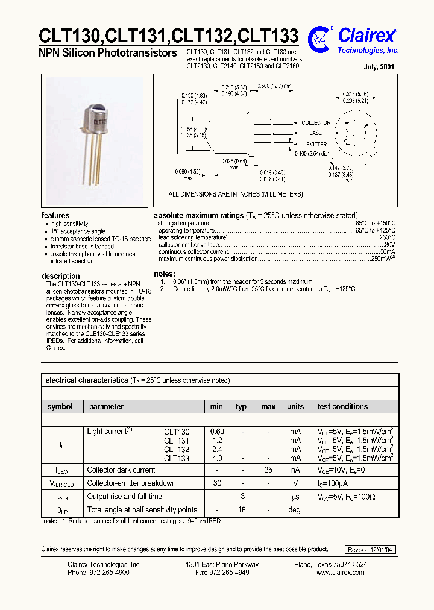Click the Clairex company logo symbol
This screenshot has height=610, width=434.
[x=318, y=39]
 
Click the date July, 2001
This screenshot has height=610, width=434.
[x=380, y=67]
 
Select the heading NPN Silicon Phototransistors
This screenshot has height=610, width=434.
[x=108, y=53]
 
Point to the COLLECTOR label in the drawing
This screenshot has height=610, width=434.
[x=316, y=122]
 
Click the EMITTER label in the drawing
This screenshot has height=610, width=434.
[x=316, y=145]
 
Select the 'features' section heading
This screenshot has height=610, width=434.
[x=55, y=215]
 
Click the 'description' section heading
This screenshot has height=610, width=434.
[x=60, y=276]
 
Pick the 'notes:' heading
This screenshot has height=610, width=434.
[x=165, y=274]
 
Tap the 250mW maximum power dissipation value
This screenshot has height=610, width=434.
[x=382, y=259]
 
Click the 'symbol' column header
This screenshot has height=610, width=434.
[x=60, y=407]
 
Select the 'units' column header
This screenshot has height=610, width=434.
[x=295, y=407]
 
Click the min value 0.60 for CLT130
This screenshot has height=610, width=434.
[x=217, y=432]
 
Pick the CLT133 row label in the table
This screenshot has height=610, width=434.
[x=177, y=459]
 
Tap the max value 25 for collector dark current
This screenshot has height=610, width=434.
[x=268, y=470]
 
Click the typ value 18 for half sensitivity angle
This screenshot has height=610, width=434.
[x=241, y=510]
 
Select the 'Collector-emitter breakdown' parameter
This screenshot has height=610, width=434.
[x=131, y=483]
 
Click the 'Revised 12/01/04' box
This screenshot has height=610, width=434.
[x=371, y=550]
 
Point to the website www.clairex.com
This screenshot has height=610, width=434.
[x=341, y=573]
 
